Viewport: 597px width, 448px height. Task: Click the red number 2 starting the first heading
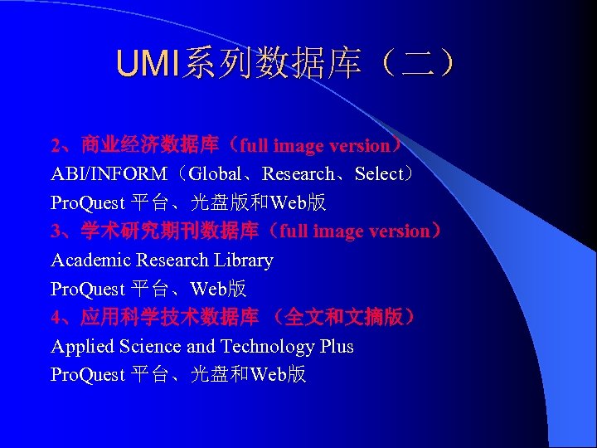(x=56, y=147)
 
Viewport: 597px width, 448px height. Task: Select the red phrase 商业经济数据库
(x=149, y=146)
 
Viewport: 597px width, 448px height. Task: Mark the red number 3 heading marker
(x=56, y=232)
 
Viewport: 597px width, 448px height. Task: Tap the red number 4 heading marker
(x=56, y=318)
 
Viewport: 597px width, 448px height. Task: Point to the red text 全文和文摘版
(x=348, y=317)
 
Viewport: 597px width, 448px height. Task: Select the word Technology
(x=265, y=347)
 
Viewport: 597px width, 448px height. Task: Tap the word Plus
(x=337, y=347)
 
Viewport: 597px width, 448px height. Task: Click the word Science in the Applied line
(x=150, y=347)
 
